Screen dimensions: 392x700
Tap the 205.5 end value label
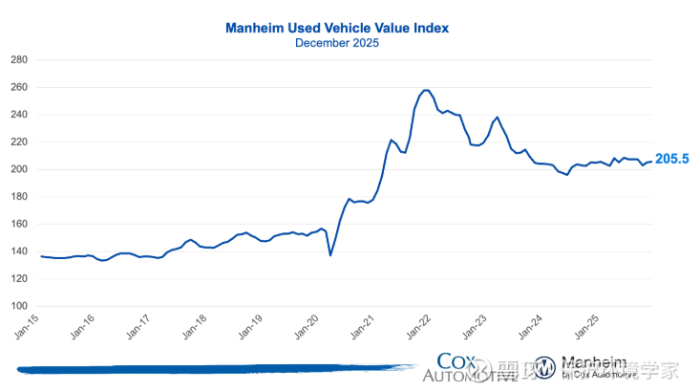tap(671, 160)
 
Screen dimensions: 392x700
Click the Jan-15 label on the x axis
tap(29, 330)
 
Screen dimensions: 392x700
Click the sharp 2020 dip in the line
tap(330, 254)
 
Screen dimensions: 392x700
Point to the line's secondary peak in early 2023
tap(497, 118)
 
